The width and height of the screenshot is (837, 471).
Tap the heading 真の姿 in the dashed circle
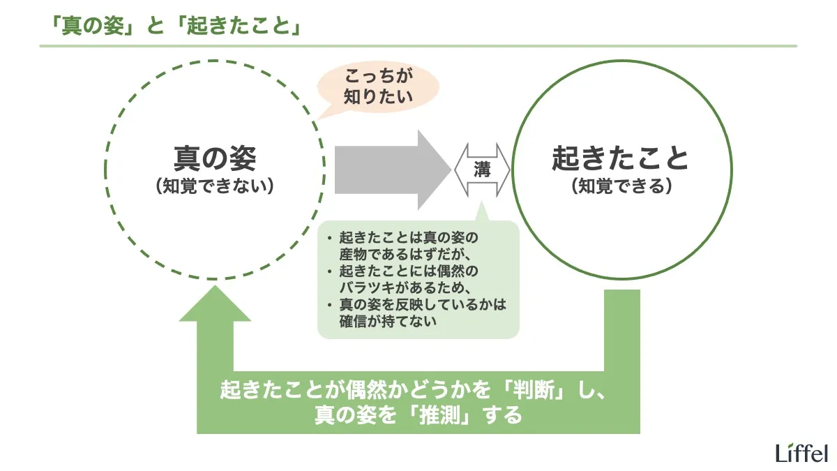click(x=215, y=158)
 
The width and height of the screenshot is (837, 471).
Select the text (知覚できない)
click(x=215, y=186)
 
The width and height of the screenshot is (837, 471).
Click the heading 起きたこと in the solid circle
click(x=620, y=158)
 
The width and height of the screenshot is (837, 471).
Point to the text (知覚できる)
click(x=621, y=186)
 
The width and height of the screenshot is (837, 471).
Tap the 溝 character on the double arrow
click(x=483, y=169)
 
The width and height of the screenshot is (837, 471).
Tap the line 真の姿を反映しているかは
click(x=421, y=305)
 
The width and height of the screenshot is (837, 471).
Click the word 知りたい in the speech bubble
click(x=379, y=96)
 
